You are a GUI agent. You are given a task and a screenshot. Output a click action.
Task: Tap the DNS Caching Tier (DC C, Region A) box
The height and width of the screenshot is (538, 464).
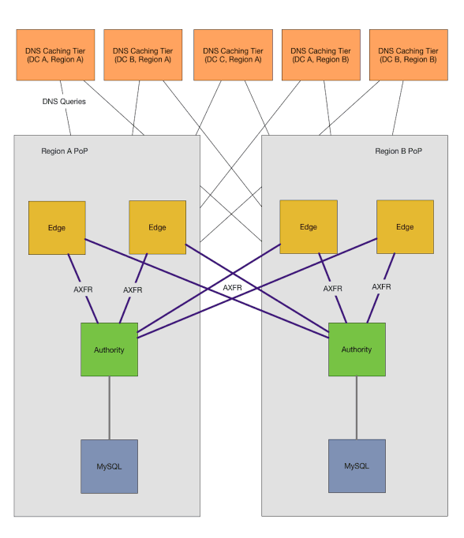pos(233,55)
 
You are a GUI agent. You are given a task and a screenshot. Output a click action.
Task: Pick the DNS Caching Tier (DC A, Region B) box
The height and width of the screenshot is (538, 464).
pos(320,55)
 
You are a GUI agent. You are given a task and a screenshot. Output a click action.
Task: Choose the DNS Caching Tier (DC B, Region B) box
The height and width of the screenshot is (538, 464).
pos(408,55)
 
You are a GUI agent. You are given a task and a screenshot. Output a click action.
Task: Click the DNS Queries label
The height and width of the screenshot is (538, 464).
pos(64,102)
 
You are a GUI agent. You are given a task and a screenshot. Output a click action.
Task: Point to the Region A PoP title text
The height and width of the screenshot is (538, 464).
pos(65,151)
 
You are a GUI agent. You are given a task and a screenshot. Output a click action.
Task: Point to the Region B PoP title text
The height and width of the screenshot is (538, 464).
pos(399,151)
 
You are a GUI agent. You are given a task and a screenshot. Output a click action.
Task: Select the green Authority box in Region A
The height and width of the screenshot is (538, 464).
pos(110,349)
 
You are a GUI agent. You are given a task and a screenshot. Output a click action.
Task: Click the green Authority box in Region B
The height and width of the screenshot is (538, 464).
pos(357,349)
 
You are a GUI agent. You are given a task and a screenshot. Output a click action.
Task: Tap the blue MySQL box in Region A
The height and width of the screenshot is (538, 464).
pos(110,466)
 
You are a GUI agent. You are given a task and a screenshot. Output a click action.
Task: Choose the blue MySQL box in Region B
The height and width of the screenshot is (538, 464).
pos(357,466)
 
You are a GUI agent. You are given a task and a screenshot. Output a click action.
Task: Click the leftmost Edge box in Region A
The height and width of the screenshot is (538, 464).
pos(57,227)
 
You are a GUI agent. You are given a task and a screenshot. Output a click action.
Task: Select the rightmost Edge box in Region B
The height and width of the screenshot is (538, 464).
pos(405,227)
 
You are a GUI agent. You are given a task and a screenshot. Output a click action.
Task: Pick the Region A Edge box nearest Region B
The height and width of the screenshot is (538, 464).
pos(157,227)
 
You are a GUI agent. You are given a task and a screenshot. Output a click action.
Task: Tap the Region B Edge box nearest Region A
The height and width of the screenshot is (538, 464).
pos(309,227)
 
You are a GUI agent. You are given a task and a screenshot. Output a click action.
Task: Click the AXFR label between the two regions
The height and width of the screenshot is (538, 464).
pos(232,288)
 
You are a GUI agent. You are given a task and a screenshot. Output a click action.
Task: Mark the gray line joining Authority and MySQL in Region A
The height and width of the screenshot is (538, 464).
pos(110,408)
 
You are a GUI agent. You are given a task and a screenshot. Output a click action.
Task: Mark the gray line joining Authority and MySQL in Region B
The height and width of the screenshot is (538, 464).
pos(357,408)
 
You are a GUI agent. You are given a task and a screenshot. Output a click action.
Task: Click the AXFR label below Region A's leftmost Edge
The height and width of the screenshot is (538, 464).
pos(83,290)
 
